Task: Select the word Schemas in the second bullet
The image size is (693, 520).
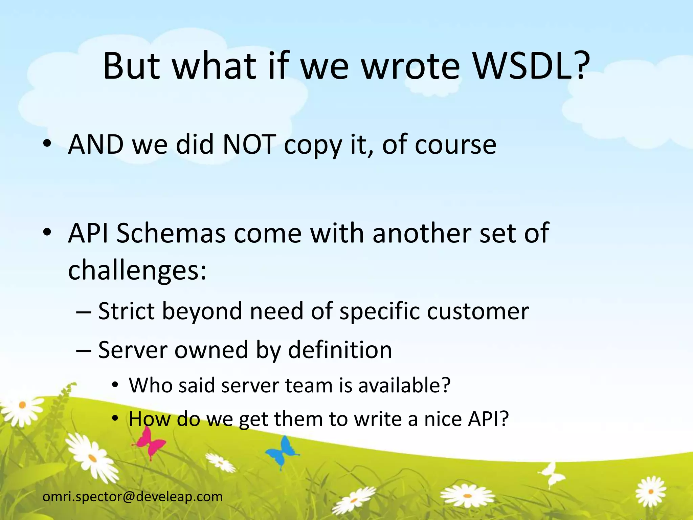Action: coord(171,233)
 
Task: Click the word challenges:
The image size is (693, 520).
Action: coord(137,270)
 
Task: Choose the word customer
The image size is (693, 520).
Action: coord(478,311)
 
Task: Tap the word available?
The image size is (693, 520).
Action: coord(404,385)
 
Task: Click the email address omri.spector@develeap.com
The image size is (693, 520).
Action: coord(133,497)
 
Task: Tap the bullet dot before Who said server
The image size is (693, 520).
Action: coord(115,385)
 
